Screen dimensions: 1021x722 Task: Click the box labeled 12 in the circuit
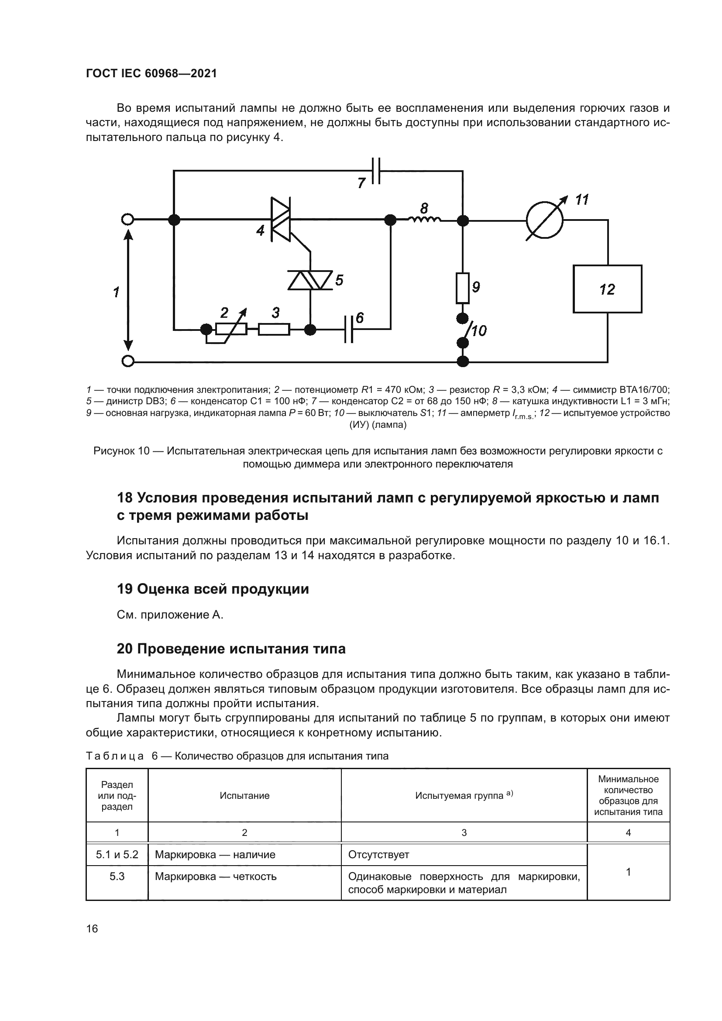pos(607,289)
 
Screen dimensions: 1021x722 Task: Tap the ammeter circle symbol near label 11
pos(544,220)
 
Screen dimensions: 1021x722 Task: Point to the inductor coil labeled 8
pos(425,219)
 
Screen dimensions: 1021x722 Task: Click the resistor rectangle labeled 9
pos(463,288)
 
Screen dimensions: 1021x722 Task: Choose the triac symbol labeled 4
pos(281,219)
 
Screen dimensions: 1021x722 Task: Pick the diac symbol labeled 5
pos(310,281)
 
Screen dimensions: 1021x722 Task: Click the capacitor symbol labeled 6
pos(349,330)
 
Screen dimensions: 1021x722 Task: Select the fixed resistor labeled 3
pos(274,330)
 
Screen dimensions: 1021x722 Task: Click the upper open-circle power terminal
pos(127,219)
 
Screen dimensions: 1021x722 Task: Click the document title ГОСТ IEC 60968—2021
pos(151,73)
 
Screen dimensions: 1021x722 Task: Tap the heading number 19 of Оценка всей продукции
pos(124,589)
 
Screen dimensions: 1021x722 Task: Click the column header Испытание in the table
pos(244,796)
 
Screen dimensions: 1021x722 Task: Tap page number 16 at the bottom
pos(92,928)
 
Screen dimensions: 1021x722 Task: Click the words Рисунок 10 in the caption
pos(121,451)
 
